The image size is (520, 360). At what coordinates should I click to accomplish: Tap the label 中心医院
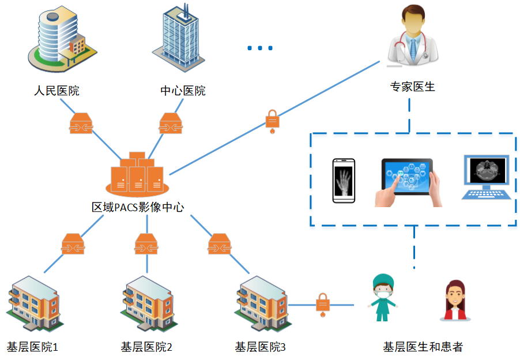(x=182, y=91)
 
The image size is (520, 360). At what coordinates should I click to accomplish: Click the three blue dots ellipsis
(x=260, y=48)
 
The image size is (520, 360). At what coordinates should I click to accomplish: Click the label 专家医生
(x=413, y=87)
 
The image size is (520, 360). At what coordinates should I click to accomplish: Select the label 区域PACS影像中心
(x=138, y=207)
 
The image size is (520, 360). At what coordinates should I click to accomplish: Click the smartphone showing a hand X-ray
(x=344, y=181)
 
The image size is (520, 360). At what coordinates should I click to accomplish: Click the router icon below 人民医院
(x=81, y=123)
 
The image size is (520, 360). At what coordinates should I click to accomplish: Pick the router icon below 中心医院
(x=171, y=123)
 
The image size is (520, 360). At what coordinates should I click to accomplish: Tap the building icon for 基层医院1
(x=33, y=303)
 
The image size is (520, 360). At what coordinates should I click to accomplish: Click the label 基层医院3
(x=260, y=347)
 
